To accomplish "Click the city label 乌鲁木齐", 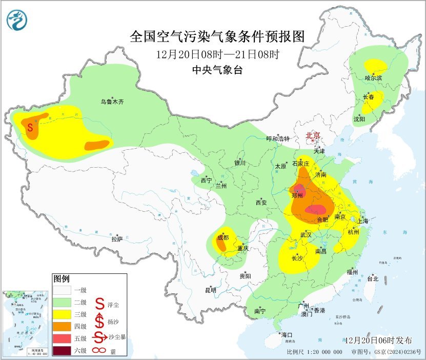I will click(112, 102).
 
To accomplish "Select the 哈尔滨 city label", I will click(373, 78).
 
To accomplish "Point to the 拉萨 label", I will click(117, 239).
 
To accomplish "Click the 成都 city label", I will click(222, 237).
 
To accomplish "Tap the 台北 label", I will click(372, 278).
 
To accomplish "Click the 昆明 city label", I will click(211, 290).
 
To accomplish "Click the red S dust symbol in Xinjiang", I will click(30, 126).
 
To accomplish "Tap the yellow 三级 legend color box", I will click(64, 314).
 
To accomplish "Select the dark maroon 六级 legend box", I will click(64, 351).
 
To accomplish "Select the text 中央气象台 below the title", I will click(217, 70).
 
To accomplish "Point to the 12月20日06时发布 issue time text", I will click(379, 341).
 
